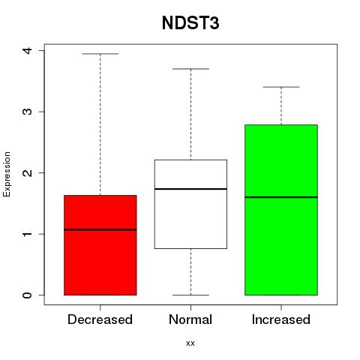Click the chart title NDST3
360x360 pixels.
(x=190, y=23)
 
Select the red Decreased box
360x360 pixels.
(x=100, y=245)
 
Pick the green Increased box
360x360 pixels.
(x=281, y=210)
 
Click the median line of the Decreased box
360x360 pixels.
(x=100, y=229)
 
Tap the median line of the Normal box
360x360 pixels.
(x=190, y=189)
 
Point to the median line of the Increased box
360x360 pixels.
(x=281, y=197)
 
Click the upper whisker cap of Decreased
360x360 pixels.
(x=100, y=54)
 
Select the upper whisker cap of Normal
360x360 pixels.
(x=190, y=69)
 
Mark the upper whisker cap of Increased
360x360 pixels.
(x=281, y=87)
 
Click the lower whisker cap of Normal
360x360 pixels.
(x=190, y=295)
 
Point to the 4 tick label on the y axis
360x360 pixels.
(x=27, y=50)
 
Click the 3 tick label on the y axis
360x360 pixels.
(x=27, y=112)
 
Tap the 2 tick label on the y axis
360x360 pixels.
(x=27, y=172)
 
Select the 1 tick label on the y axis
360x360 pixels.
(x=27, y=234)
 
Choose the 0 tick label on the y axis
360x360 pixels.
(x=27, y=295)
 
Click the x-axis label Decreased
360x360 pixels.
(x=100, y=319)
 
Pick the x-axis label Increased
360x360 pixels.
(x=281, y=319)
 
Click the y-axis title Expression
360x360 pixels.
(x=7, y=174)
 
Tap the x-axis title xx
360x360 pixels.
(x=190, y=343)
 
